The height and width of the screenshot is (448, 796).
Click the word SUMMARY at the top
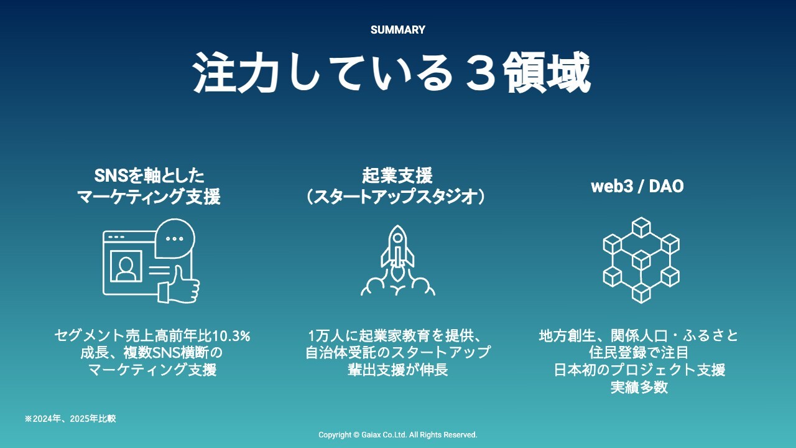[x=397, y=30]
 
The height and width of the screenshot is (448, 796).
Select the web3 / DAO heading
[x=637, y=186]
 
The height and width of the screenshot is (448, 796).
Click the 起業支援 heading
[x=397, y=175]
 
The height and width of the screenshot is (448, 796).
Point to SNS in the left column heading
[x=111, y=175]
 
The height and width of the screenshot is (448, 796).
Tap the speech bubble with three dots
[x=175, y=238]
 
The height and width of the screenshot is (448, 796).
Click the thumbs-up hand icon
[x=179, y=285]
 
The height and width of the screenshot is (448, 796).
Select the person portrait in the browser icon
[x=126, y=266]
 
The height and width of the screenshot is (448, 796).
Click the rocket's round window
[x=397, y=237]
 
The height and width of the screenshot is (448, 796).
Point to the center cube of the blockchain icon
[x=641, y=260]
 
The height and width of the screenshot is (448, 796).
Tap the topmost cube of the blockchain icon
[x=641, y=227]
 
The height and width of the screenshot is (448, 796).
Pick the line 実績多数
[x=639, y=387]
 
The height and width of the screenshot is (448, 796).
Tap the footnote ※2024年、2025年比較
[x=70, y=419]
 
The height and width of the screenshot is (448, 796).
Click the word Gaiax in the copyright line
[x=371, y=435]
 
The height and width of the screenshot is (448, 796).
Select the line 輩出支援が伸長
[x=397, y=370]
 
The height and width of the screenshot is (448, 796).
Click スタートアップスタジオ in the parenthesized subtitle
[x=396, y=196]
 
